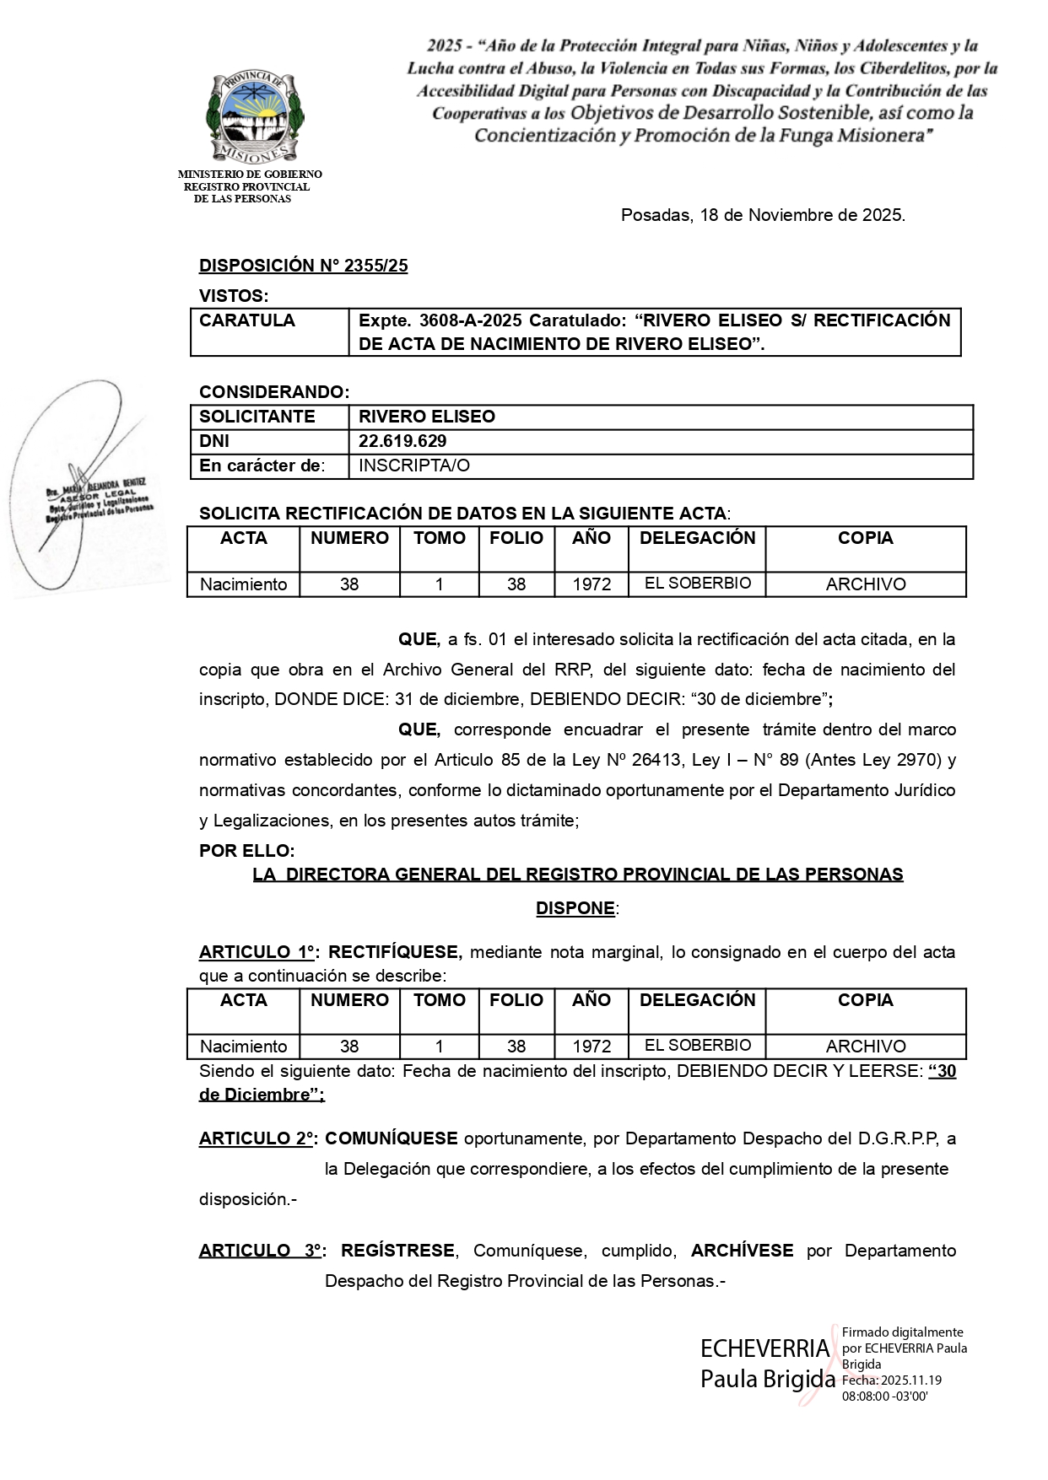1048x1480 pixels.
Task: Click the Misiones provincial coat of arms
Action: click(x=256, y=116)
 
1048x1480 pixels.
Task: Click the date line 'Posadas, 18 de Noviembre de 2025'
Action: click(x=763, y=215)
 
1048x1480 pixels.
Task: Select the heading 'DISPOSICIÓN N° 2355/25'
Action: click(x=303, y=266)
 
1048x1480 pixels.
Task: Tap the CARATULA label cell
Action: click(x=247, y=320)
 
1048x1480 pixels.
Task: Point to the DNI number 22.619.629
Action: click(x=402, y=441)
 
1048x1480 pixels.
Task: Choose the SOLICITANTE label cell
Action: click(x=257, y=417)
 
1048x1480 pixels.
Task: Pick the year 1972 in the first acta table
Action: click(x=592, y=584)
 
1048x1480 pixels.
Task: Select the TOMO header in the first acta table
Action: click(x=440, y=538)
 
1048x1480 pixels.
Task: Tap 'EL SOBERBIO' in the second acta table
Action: click(x=698, y=1045)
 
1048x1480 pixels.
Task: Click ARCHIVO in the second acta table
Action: click(x=866, y=1047)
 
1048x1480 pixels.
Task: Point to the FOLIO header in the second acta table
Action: click(x=516, y=1000)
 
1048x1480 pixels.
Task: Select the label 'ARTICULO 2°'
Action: click(x=257, y=1138)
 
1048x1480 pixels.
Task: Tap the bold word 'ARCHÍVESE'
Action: click(x=742, y=1251)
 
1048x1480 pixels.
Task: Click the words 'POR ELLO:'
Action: click(x=247, y=851)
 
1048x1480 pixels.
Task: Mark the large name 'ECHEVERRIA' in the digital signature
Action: click(x=765, y=1348)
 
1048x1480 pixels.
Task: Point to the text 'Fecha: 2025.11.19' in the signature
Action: click(x=892, y=1380)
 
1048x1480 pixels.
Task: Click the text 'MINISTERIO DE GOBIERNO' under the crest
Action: click(x=250, y=175)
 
